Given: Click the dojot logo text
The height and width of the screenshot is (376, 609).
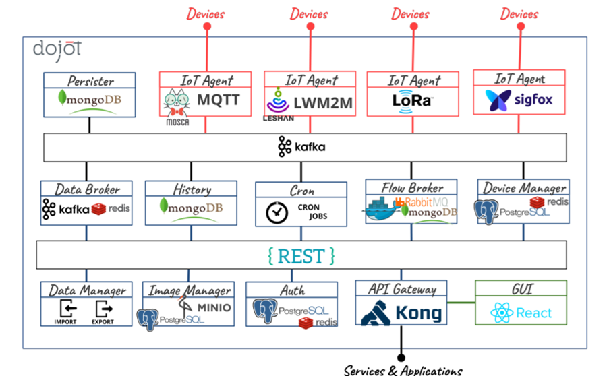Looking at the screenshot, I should click(x=57, y=49).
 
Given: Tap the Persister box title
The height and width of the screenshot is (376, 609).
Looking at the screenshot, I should click(x=90, y=81).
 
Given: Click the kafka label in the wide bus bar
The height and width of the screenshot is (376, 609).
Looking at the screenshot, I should click(x=309, y=146).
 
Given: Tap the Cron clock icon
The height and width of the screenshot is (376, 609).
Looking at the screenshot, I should click(x=277, y=212).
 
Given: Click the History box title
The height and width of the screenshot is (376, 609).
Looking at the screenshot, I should click(x=192, y=189).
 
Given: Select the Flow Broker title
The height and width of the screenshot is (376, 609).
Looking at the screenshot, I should click(x=411, y=187).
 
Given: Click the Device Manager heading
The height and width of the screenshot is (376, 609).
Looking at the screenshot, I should click(x=524, y=188).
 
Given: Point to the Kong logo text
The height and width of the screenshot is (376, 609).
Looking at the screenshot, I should click(x=417, y=313).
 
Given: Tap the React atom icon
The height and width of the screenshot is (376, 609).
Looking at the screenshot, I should click(x=502, y=313).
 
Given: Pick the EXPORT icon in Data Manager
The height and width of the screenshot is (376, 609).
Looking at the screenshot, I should click(x=104, y=309).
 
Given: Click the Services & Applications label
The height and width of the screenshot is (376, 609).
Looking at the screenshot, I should click(x=403, y=370).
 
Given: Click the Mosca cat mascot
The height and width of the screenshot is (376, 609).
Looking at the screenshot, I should click(x=176, y=103).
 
